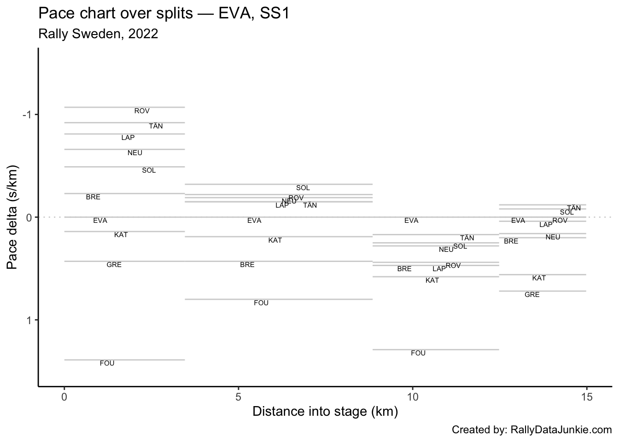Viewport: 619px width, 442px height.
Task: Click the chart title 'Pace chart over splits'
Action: (164, 13)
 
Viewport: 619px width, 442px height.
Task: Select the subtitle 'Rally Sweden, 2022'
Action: (98, 34)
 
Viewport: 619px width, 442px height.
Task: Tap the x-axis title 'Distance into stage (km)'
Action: (325, 411)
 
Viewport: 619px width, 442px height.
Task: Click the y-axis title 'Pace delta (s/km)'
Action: (13, 216)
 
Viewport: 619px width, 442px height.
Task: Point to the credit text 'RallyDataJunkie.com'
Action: (561, 430)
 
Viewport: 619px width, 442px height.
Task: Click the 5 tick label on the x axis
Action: (238, 396)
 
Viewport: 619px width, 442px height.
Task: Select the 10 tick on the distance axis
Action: (412, 396)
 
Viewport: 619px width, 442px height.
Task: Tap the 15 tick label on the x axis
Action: (586, 396)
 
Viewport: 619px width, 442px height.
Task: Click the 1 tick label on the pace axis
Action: (29, 320)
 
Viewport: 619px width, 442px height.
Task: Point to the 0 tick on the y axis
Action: (29, 217)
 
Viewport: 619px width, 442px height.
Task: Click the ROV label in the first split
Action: (142, 111)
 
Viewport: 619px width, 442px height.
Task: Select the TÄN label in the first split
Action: (156, 126)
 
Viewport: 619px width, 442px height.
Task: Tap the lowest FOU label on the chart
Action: (107, 363)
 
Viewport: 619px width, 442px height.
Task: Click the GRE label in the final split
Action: (532, 295)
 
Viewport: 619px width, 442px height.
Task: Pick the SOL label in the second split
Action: (303, 188)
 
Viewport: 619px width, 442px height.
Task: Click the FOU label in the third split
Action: (418, 353)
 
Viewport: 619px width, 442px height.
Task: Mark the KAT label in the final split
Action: (539, 278)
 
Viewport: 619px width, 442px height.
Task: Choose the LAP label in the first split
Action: (128, 138)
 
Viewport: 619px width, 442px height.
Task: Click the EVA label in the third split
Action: (411, 221)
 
